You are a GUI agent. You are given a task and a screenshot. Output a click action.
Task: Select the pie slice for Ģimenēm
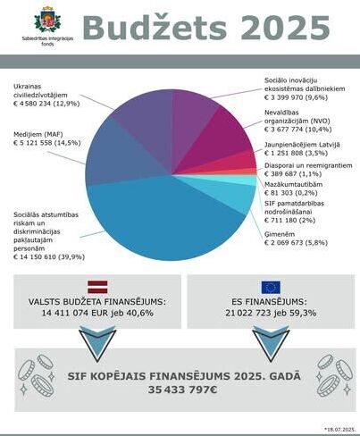click(234, 193)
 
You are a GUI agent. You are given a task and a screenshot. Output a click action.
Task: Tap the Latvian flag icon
click(96, 286)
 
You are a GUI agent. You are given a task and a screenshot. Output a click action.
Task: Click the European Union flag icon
click(269, 287)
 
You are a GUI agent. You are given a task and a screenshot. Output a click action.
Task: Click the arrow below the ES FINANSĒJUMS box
click(268, 341)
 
